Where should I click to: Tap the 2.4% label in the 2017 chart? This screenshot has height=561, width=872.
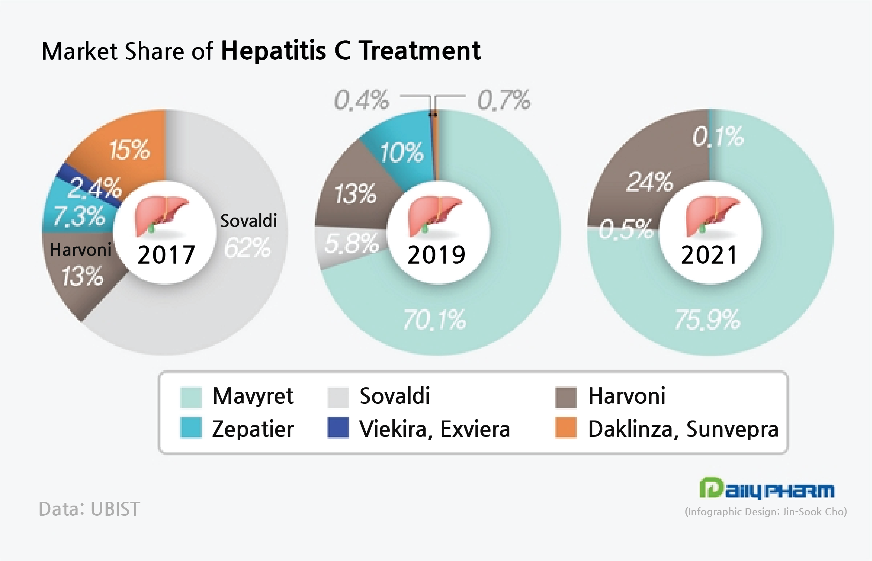(95, 188)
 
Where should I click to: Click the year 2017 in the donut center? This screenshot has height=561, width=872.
(166, 255)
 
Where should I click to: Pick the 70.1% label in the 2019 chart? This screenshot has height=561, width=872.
(434, 320)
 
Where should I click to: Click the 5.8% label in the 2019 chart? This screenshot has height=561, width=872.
(351, 243)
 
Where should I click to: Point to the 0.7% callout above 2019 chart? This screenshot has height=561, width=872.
(504, 100)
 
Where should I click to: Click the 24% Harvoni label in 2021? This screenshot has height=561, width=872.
(650, 182)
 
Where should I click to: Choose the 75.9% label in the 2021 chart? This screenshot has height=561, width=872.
(707, 320)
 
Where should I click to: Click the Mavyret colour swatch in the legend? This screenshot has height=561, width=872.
(191, 397)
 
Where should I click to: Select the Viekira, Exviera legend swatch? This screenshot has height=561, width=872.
(338, 428)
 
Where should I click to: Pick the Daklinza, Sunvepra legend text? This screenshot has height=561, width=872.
(683, 429)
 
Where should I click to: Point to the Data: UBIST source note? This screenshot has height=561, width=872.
(89, 509)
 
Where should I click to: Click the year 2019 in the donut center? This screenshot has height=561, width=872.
(437, 255)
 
